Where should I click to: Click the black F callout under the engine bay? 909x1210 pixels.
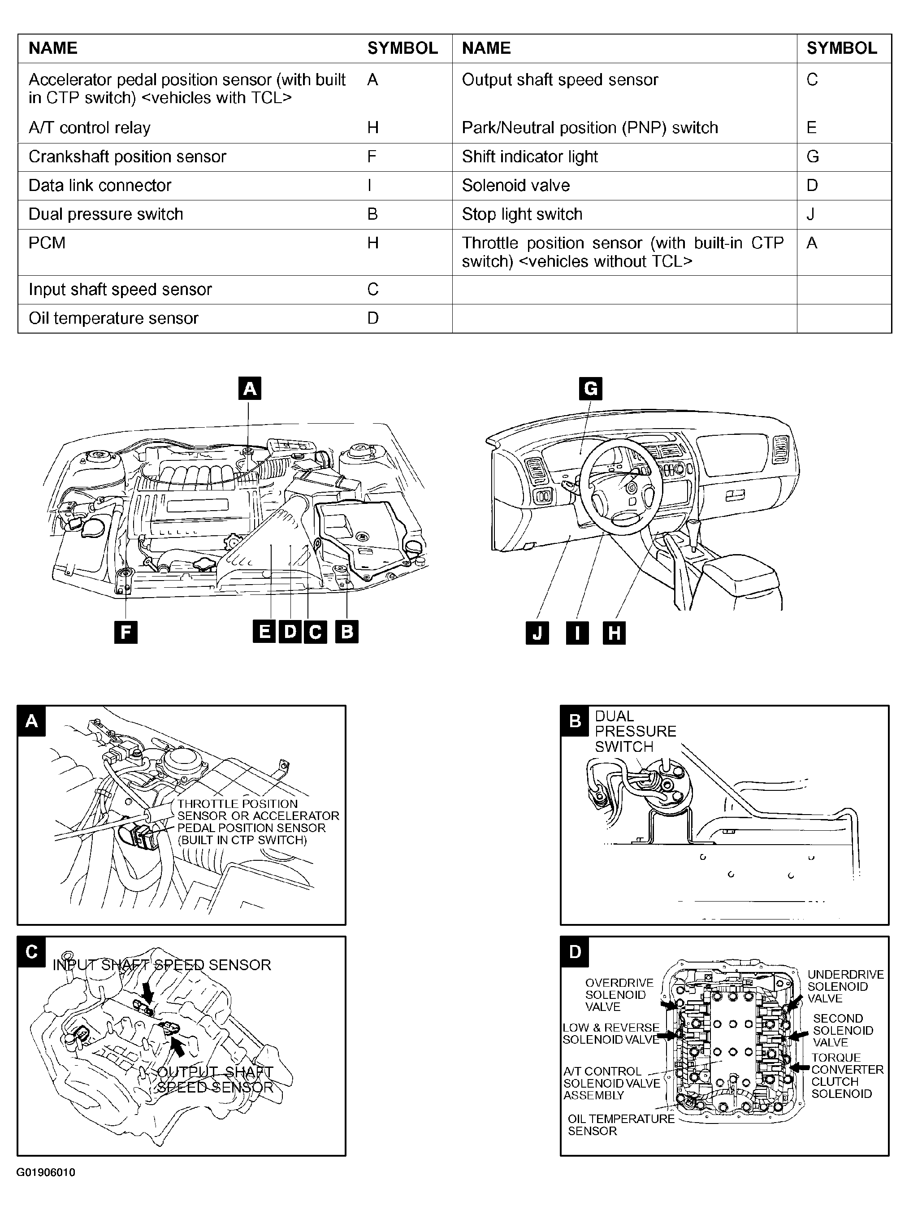point(126,633)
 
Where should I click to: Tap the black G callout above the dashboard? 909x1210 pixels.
point(591,388)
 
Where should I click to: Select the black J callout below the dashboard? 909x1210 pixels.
point(537,633)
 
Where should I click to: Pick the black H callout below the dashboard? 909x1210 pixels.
point(614,633)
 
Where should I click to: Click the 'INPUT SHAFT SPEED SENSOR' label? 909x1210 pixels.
point(162,965)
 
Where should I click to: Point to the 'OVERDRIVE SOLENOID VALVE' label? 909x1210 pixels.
point(619,995)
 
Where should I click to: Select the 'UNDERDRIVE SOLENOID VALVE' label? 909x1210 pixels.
point(845,986)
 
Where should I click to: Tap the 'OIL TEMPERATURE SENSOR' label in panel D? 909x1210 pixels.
point(621,1125)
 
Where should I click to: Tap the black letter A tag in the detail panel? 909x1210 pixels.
point(32,721)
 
